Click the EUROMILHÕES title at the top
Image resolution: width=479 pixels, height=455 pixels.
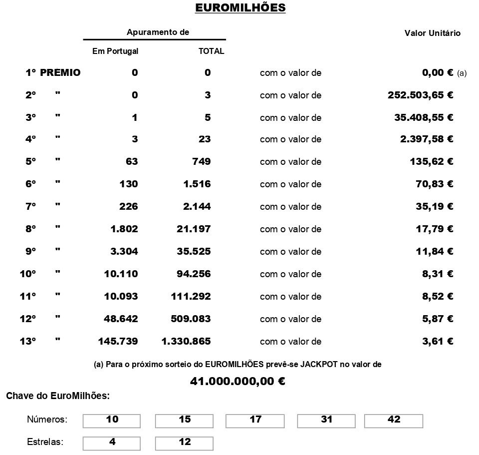[x=240, y=8]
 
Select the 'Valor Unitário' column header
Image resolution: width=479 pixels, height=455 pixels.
[x=432, y=33]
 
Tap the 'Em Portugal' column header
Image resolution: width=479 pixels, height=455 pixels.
[x=115, y=51]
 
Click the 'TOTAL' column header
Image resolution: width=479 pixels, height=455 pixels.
[x=211, y=51]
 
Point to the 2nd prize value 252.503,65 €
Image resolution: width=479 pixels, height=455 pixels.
[x=420, y=95]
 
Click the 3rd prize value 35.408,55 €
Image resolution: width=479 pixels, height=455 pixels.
[x=423, y=117]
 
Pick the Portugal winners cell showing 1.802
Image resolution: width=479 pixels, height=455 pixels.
[x=124, y=229]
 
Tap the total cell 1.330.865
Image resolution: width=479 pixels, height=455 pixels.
[x=186, y=341]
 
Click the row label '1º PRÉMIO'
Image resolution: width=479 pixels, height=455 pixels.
[x=53, y=72]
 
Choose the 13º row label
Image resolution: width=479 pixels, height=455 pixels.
[x=28, y=341]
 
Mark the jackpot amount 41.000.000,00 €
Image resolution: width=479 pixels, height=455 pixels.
[x=238, y=382]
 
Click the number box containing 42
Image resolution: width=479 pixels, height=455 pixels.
[x=394, y=421]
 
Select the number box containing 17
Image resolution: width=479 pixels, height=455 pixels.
[x=255, y=421]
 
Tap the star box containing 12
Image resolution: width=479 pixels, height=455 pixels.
[x=184, y=443]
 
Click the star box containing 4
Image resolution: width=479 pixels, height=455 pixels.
[x=112, y=443]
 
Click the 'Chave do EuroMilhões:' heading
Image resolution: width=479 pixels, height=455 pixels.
[x=58, y=396]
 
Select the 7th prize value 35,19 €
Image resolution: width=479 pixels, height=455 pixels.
[x=434, y=206]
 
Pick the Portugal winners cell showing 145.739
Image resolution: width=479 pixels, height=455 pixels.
[x=118, y=341]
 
